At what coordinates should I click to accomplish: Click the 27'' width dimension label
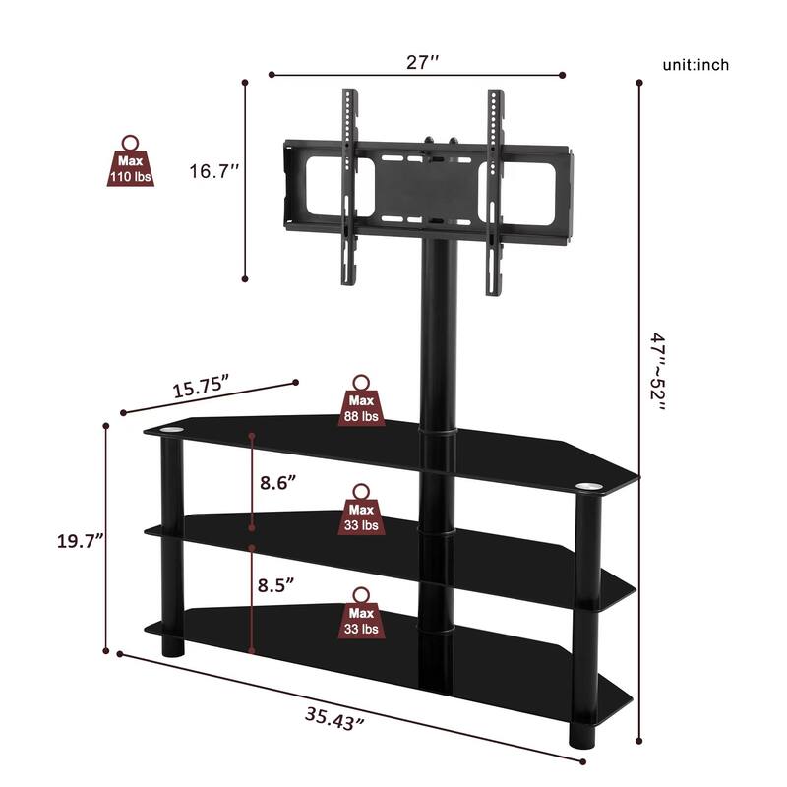pyautogui.click(x=422, y=62)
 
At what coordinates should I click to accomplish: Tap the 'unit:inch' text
pyautogui.click(x=695, y=65)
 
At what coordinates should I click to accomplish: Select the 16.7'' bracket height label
pyautogui.click(x=215, y=171)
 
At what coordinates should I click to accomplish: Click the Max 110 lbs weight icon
pyautogui.click(x=130, y=162)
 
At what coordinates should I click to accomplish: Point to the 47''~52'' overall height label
pyautogui.click(x=656, y=387)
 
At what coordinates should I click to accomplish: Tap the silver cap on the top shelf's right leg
pyautogui.click(x=588, y=486)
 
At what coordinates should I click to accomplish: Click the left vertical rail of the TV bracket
pyautogui.click(x=346, y=187)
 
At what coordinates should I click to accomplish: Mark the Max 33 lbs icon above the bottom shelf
pyautogui.click(x=361, y=616)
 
